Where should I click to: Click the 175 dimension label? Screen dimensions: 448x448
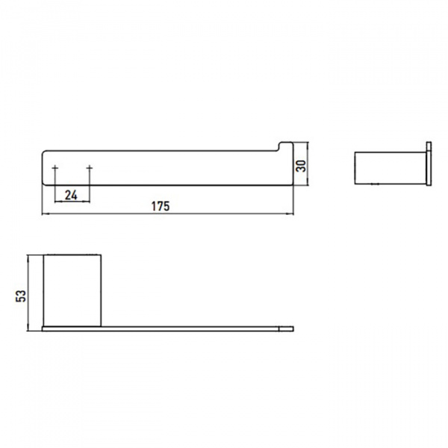pos(161,206)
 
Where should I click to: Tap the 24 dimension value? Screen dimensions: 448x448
pos(71,196)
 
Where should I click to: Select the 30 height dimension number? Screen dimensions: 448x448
pos(301,166)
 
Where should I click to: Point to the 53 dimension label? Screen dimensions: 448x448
pos(21,296)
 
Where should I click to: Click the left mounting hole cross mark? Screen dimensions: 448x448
pos(55,168)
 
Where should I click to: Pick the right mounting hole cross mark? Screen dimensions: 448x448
pos(90,168)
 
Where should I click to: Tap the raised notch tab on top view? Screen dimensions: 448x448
pos(286,146)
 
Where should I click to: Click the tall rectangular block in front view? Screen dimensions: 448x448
pos(72,290)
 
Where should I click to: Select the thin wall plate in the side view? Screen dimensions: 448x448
pos(429,164)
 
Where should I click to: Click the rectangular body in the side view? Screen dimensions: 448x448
pos(391,168)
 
